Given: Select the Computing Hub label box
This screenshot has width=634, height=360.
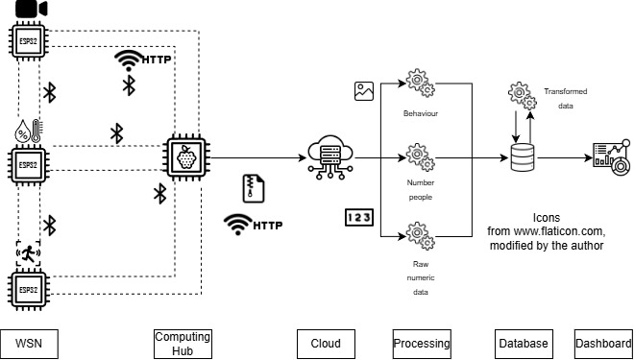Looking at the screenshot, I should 183,343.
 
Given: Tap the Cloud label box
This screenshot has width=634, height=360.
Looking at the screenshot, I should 326,343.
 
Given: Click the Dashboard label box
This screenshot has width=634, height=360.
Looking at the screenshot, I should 602,343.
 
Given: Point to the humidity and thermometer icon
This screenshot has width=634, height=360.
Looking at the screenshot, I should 28,131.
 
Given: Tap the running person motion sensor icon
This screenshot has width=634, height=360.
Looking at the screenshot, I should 30,254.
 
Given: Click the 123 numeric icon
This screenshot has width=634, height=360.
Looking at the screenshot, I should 357,218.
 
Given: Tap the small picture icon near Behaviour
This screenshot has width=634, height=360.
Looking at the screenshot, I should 363,92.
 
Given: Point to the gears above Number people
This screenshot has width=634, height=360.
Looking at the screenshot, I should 418,156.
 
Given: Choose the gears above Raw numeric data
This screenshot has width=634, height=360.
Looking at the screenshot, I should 418,234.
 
